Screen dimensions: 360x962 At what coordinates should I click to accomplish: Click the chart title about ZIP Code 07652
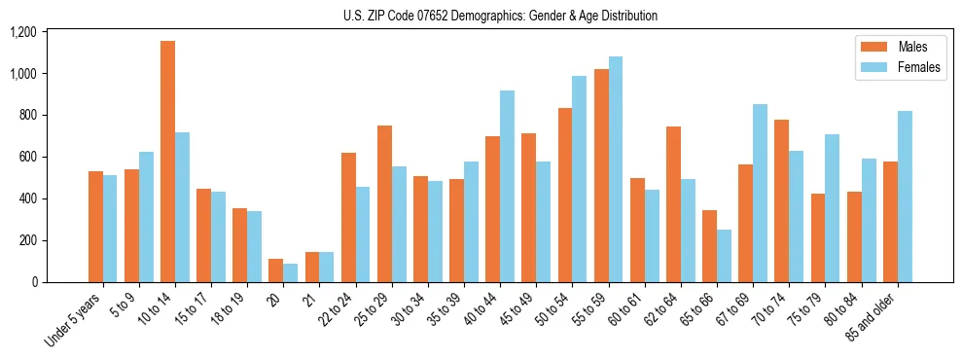point(500,16)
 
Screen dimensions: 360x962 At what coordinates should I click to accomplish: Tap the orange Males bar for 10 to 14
point(168,162)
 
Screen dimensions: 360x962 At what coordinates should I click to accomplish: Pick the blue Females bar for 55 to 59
point(616,169)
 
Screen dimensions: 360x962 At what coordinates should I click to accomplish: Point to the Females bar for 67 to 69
point(760,193)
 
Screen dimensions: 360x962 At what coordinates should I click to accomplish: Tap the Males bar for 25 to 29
point(384,203)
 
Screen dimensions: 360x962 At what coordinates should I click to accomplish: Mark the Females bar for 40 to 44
point(507,186)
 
